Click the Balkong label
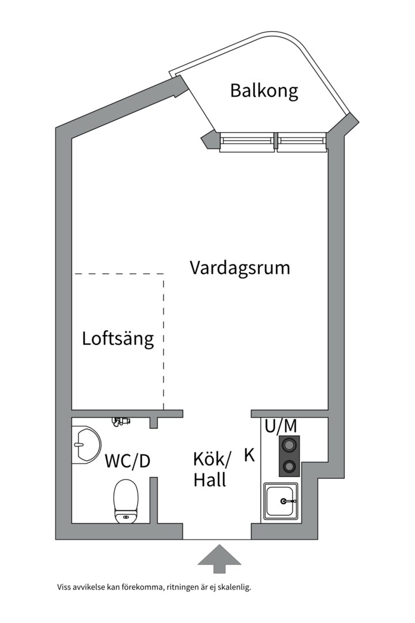(x=264, y=91)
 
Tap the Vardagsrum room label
(x=240, y=268)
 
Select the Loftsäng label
(x=118, y=339)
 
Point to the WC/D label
(x=127, y=461)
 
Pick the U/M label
(x=281, y=426)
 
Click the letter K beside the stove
(x=250, y=455)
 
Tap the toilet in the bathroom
(x=126, y=501)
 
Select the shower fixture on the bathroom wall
(x=121, y=422)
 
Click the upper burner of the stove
(x=289, y=444)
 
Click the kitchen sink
(x=281, y=501)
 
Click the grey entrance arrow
(x=220, y=558)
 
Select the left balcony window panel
(x=247, y=142)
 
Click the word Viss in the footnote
(x=63, y=587)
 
